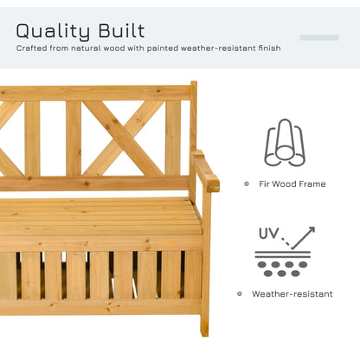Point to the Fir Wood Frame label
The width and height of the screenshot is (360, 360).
pos(292,183)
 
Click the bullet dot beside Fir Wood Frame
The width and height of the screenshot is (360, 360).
pos(247,183)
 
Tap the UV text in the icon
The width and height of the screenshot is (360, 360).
pos(268,233)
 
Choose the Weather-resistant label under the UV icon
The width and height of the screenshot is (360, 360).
pos(292,294)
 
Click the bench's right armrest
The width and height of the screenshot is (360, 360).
pos(206,170)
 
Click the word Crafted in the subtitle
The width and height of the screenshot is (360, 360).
pos(30,48)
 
